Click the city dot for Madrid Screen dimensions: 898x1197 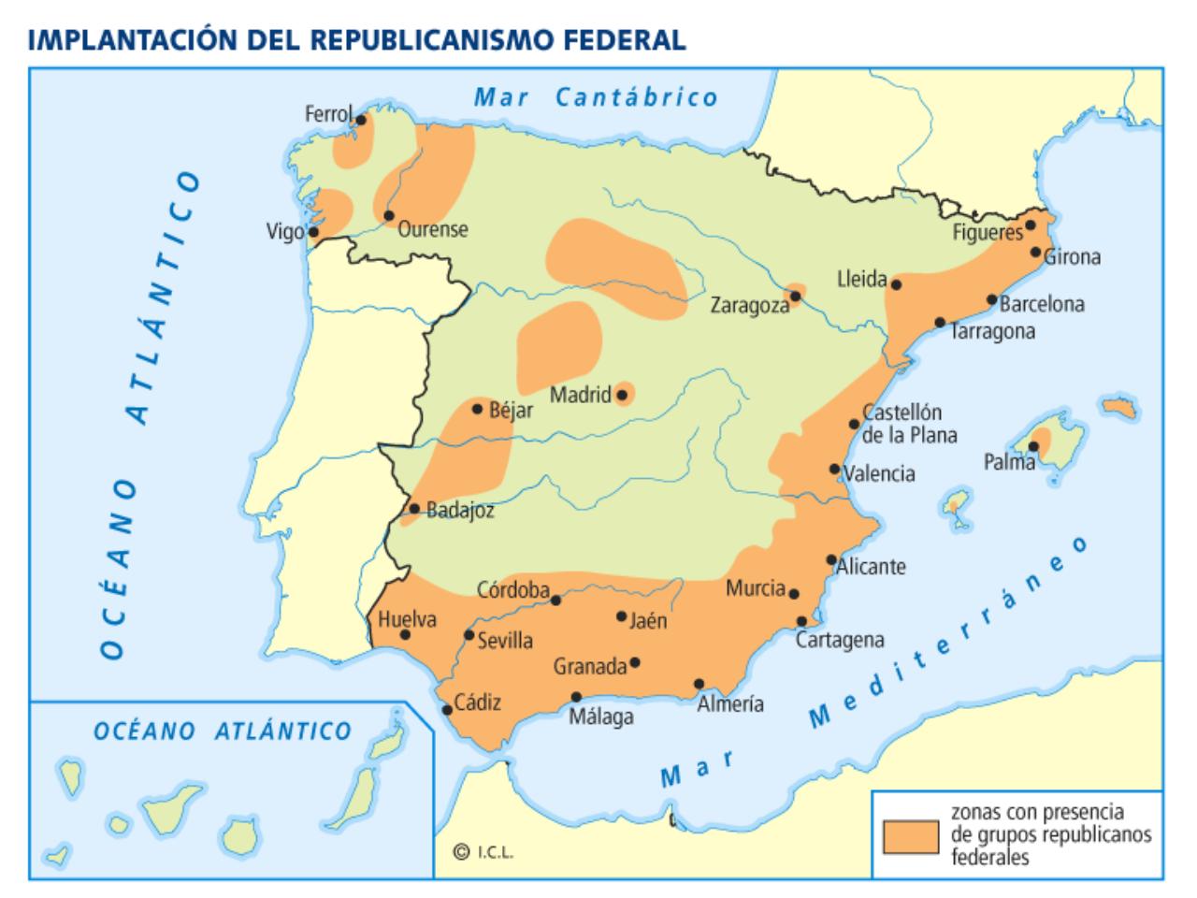(x=621, y=395)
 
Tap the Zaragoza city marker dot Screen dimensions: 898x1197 (x=796, y=296)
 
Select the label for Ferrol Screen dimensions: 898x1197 (x=328, y=114)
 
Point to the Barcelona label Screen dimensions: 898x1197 (x=1042, y=304)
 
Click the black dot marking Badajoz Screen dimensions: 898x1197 (x=414, y=509)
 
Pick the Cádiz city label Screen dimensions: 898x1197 (x=477, y=702)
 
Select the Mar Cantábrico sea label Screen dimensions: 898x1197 (x=596, y=97)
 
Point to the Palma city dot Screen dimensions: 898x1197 (x=1033, y=446)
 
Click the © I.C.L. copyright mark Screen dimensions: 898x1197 (x=483, y=851)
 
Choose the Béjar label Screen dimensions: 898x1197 (x=511, y=410)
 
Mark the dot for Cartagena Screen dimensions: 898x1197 (x=802, y=621)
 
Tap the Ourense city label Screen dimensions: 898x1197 (x=433, y=230)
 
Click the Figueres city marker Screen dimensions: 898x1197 (x=1031, y=225)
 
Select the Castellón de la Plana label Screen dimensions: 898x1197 (x=909, y=424)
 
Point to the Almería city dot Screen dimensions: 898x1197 (x=699, y=684)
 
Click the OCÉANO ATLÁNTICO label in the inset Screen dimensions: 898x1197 (x=223, y=731)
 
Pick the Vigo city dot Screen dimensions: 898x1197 (x=314, y=232)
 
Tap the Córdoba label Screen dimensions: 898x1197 (x=512, y=590)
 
